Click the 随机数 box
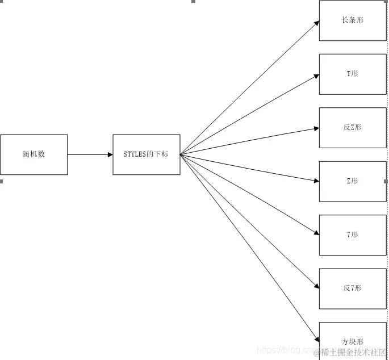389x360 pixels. (34, 154)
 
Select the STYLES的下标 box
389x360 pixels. (147, 154)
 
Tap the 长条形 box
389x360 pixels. (353, 20)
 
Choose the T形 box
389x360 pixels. (353, 74)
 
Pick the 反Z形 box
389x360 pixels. (353, 128)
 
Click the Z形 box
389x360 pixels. (353, 181)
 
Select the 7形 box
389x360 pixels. (353, 235)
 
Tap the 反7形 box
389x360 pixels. (353, 288)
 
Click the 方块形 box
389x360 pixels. (353, 341)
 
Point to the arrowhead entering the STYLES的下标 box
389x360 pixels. (110, 154)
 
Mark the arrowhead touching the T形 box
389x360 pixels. (316, 75)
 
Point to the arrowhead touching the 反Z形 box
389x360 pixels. (316, 128)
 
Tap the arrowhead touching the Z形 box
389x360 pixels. (316, 181)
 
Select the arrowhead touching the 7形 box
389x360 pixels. (316, 233)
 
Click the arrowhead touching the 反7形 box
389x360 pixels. (316, 286)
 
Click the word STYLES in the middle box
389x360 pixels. (135, 154)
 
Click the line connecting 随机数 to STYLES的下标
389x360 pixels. (88, 154)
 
